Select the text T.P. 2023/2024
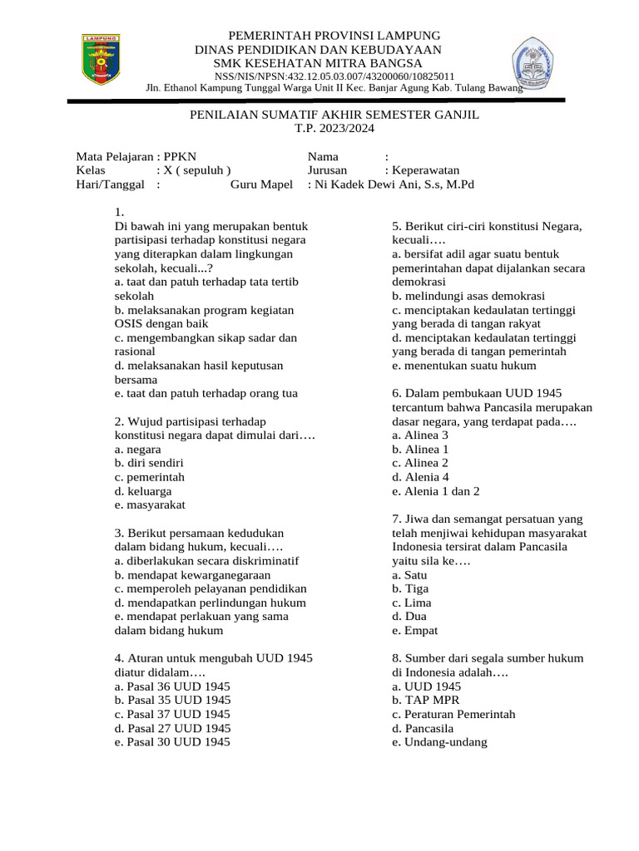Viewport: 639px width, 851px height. point(334,129)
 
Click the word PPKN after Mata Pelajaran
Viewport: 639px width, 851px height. point(181,155)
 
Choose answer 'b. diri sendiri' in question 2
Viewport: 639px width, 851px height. point(150,463)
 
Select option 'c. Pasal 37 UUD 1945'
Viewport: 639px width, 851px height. point(173,714)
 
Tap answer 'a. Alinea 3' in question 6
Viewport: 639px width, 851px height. point(420,435)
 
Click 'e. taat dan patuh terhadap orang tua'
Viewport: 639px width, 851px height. point(206,393)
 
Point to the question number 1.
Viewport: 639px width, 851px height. point(120,211)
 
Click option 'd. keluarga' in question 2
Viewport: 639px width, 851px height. point(144,490)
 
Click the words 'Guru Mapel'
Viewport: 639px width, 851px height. point(261,184)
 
